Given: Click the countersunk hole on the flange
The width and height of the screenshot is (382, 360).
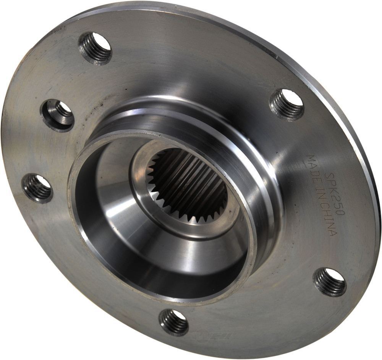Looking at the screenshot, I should (58, 114).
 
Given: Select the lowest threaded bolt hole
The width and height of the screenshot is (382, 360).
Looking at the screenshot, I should (174, 321).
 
